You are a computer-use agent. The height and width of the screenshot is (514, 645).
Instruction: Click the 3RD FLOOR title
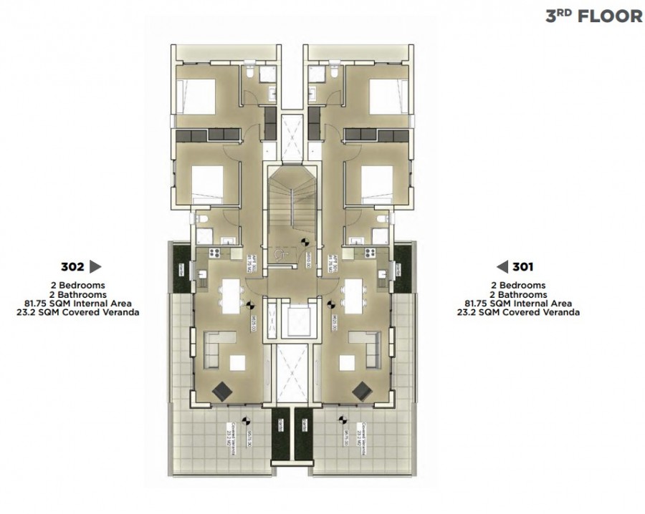(593, 16)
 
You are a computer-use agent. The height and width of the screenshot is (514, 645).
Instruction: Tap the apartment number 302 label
(72, 267)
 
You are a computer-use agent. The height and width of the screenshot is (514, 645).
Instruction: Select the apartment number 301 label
(522, 267)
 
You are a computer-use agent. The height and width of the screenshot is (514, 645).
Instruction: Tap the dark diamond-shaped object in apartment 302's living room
(223, 389)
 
